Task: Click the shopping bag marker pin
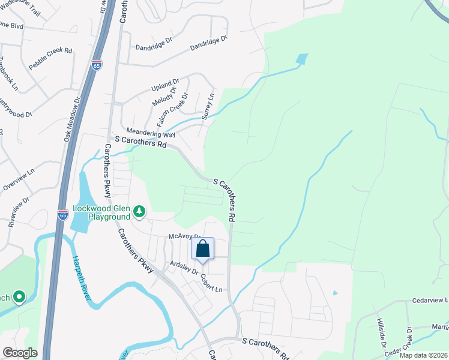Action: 203,248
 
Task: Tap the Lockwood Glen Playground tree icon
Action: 139,211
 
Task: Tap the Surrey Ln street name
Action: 208,106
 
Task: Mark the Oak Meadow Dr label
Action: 71,121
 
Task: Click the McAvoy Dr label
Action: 184,236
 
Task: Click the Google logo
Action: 20,353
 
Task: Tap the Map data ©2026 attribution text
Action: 424,355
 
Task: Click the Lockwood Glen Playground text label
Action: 101,212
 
